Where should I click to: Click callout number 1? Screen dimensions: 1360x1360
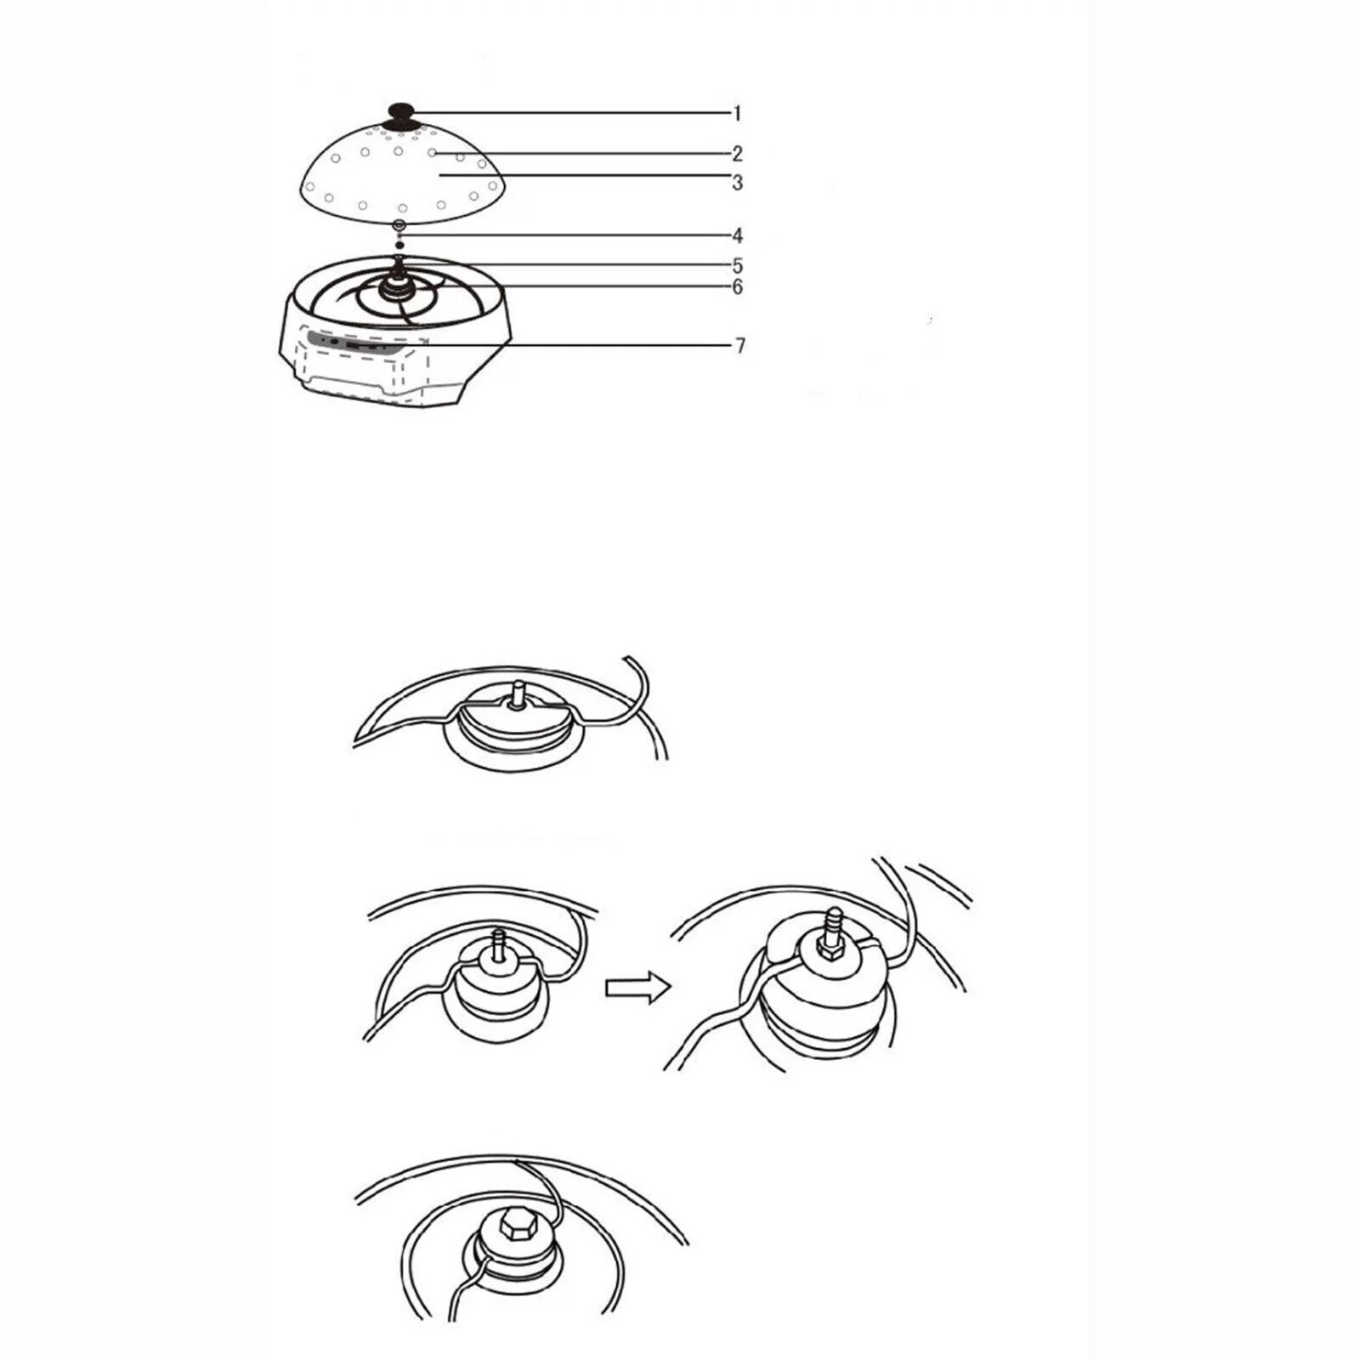point(738,113)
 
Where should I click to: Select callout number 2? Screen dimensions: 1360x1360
point(738,154)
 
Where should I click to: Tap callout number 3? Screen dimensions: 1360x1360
point(738,183)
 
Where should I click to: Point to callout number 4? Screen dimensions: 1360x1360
point(738,235)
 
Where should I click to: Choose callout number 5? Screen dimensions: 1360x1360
point(738,265)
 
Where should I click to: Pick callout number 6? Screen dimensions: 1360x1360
point(738,287)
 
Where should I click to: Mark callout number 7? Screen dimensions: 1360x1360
point(740,346)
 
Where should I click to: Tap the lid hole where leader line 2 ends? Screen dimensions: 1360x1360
point(432,153)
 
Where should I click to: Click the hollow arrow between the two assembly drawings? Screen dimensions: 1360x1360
point(638,987)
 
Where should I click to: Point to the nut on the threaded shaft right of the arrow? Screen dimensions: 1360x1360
point(828,949)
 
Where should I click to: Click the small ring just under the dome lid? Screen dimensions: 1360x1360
point(399,225)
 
